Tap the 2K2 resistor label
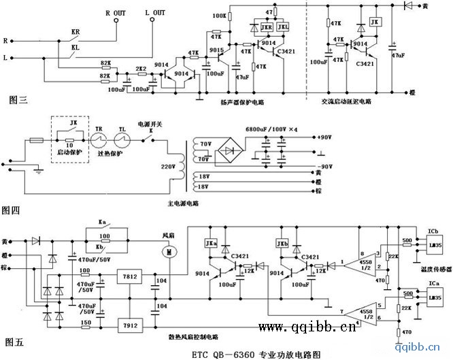[142, 69]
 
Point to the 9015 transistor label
[216, 50]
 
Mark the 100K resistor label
[219, 14]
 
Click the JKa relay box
[212, 242]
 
